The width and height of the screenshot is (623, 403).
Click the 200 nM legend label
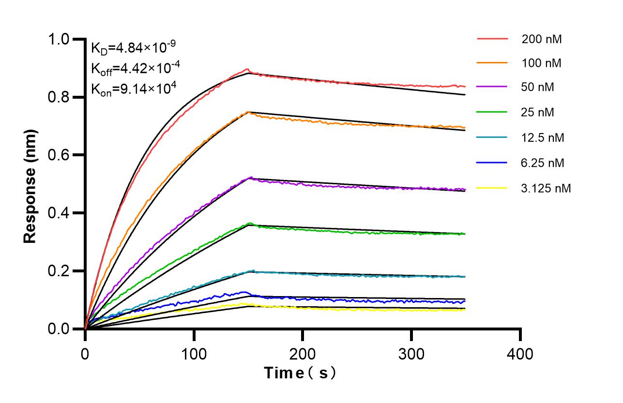tap(542, 40)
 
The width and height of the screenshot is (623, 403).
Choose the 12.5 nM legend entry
tap(543, 138)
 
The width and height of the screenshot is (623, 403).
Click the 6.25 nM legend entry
tap(543, 163)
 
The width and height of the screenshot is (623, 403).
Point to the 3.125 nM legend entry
tap(546, 188)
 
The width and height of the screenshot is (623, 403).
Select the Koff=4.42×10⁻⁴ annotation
tap(133, 68)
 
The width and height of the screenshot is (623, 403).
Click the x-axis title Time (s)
tap(300, 373)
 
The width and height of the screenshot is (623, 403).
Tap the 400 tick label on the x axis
tap(520, 354)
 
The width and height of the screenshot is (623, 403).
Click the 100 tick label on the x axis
tap(194, 354)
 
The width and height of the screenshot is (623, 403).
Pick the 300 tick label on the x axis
tap(411, 354)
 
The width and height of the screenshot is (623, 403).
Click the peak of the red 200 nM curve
tap(247, 69)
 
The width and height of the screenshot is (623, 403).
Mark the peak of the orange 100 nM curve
tap(248, 112)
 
